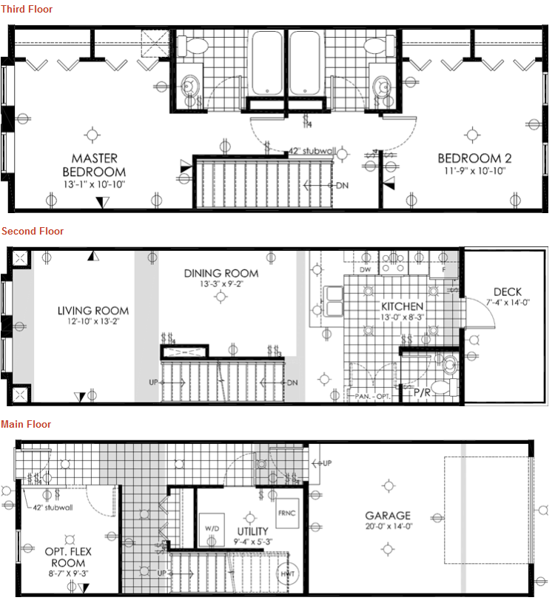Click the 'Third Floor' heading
[x=26, y=9]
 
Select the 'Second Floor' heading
[x=33, y=231]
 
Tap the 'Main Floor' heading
[x=27, y=424]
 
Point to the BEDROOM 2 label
[x=474, y=158]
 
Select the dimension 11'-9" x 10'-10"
[x=474, y=171]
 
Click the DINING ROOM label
[x=221, y=273]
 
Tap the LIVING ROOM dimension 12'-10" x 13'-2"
[x=93, y=322]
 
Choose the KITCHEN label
[x=402, y=306]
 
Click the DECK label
[x=508, y=292]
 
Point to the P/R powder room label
[x=423, y=391]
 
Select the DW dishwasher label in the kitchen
[x=364, y=270]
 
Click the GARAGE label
[x=388, y=516]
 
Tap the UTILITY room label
[x=252, y=531]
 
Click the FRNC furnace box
[x=287, y=513]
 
